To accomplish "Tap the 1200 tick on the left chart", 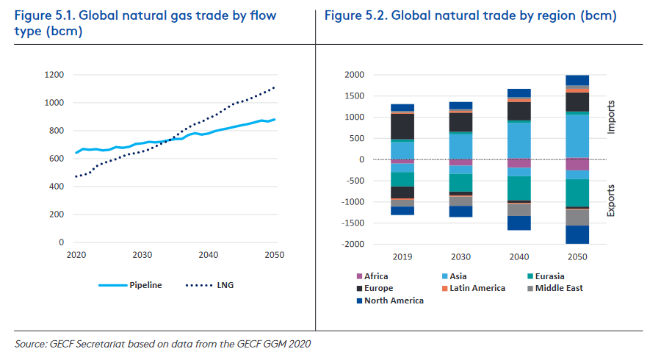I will (x=54, y=75).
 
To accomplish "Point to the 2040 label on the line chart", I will (x=209, y=254).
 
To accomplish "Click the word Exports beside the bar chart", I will (x=612, y=201).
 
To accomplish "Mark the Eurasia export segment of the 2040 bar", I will (x=519, y=188).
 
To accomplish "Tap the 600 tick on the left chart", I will (x=56, y=159).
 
